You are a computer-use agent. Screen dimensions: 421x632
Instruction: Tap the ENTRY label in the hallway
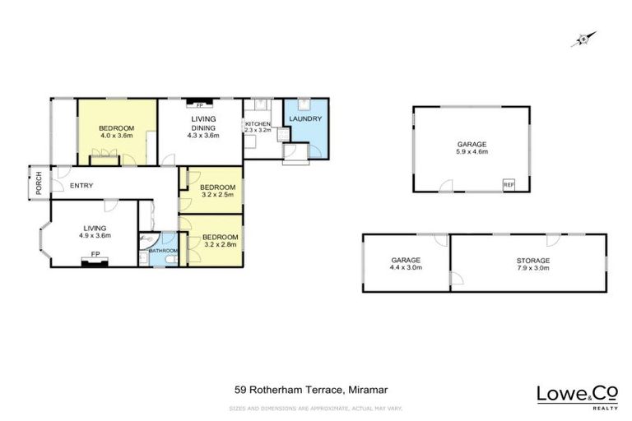(x=81, y=185)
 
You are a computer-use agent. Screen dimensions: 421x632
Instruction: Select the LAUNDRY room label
(x=304, y=119)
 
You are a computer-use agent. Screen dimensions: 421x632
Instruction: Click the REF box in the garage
(x=508, y=183)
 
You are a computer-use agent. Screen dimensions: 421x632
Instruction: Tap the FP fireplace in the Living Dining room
(x=198, y=105)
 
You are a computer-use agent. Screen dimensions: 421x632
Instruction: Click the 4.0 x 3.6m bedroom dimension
(x=117, y=136)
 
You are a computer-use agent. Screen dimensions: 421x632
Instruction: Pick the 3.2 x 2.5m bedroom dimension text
(x=217, y=195)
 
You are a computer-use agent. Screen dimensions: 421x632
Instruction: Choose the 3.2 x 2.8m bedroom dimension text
(x=217, y=243)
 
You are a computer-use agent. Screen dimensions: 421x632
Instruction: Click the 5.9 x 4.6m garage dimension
(x=472, y=151)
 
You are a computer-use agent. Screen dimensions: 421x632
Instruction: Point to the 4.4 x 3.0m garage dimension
(x=406, y=267)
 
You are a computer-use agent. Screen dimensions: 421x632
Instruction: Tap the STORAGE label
(x=533, y=260)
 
